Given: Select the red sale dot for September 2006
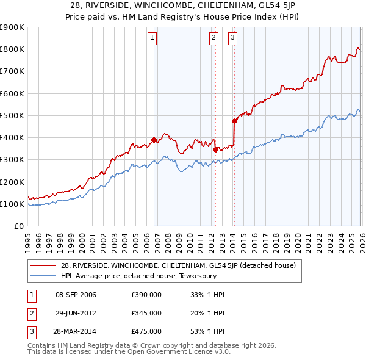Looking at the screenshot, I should [x=154, y=140].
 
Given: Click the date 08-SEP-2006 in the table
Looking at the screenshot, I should [x=76, y=295].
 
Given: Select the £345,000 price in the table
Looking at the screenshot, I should [x=146, y=313].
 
